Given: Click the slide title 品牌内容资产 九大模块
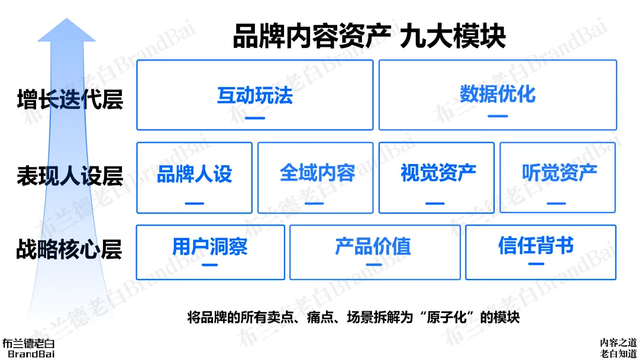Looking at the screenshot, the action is pos(369,37).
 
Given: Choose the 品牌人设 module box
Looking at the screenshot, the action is pos(194,177).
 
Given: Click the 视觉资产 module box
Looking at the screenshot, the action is pos(437,177).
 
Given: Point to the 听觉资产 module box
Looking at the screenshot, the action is pos(558,177).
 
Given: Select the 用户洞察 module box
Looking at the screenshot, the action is pos(210,252).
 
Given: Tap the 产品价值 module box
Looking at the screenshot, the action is pos(375,252).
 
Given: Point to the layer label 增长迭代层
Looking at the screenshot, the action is pos(70,98).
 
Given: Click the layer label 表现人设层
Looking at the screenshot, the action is pos(70,176).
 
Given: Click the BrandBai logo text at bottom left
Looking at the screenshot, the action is pos(28,353).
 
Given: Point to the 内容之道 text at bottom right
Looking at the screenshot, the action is pos(618,342).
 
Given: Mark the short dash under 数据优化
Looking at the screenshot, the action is pos(498,116).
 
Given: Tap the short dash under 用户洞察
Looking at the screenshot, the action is pos(210,265).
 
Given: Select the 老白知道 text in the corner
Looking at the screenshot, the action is pos(618,353).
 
